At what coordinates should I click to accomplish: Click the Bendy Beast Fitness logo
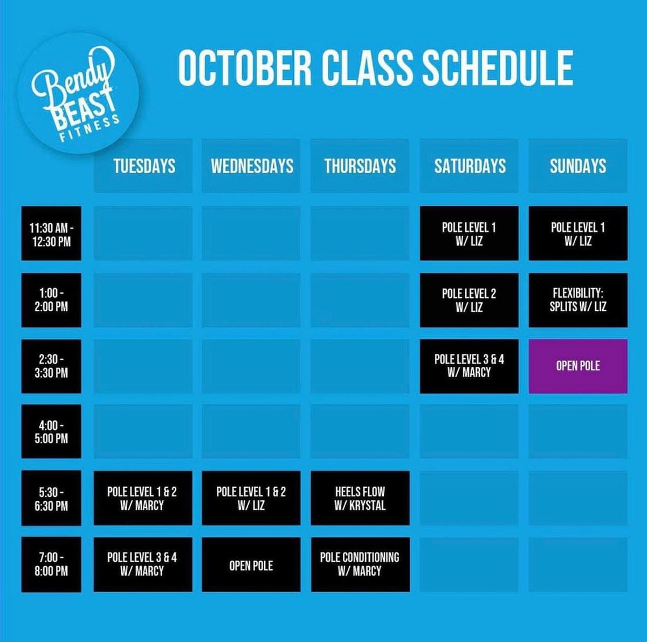point(79,93)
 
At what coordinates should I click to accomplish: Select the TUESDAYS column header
point(143,166)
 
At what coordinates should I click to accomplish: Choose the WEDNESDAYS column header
point(251,166)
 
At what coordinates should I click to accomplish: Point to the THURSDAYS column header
point(360,166)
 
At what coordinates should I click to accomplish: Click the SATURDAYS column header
point(469,166)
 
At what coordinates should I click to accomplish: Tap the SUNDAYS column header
point(578,166)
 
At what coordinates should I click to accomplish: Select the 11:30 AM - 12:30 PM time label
point(51,233)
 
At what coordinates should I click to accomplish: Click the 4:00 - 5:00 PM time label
point(51,431)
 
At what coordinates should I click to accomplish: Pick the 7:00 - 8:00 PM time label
point(51,564)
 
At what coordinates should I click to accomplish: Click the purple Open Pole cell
point(578,366)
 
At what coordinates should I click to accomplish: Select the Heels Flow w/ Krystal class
point(360,498)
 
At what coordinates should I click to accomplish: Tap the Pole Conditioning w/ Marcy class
point(360,564)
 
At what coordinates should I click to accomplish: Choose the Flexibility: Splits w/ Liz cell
point(578,300)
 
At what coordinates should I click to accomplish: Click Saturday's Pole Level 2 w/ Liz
point(469,300)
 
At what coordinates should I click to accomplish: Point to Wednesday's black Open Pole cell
point(251,564)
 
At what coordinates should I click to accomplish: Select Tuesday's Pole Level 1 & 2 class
point(143,498)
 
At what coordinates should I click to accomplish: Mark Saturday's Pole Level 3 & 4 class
point(469,366)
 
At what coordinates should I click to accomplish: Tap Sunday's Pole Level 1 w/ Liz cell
point(578,233)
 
